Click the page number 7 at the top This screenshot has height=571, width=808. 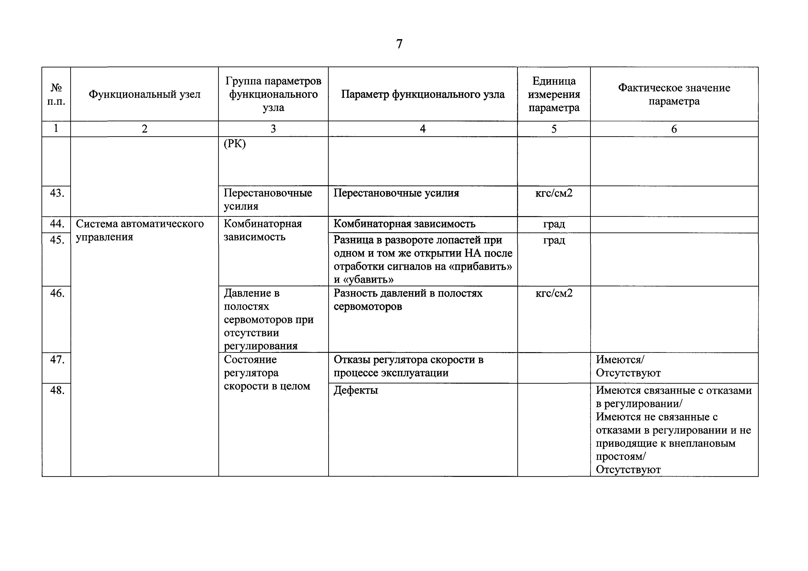pos(399,44)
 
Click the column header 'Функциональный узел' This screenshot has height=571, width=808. pos(144,94)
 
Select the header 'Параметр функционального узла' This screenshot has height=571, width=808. pos(423,94)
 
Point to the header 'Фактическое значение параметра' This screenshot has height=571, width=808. pos(674,94)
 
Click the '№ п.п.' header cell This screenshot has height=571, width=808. pos(56,94)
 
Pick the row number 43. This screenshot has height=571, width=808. pos(57,193)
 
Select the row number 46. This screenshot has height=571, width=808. pos(57,293)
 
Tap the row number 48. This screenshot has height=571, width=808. pos(57,390)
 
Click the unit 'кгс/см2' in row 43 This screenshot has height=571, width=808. pos(554,193)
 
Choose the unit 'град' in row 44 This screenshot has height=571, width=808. pos(554,224)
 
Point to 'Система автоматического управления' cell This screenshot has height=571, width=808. pos(140,230)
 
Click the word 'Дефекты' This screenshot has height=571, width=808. pos(356,390)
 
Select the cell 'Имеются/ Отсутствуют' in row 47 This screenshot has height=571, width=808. pos(628,366)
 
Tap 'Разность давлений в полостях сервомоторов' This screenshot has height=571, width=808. pos(408,300)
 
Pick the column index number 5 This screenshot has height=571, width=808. pos(554,129)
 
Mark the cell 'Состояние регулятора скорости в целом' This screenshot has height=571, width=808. pos(267,373)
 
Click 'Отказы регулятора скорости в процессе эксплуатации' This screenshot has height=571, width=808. pos(408,366)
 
